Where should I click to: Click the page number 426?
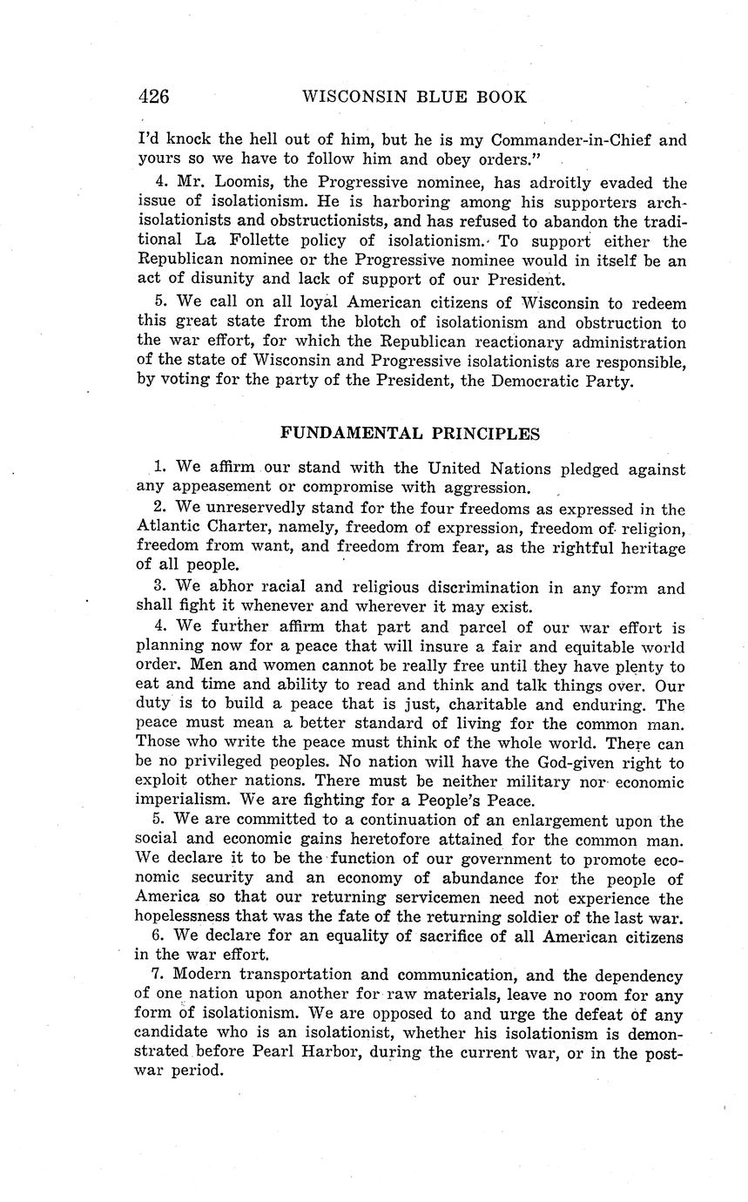(x=153, y=97)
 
